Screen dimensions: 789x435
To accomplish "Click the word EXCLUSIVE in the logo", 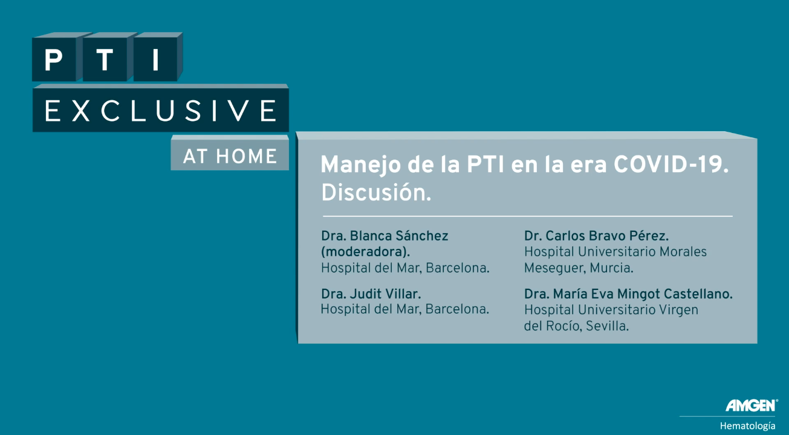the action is (x=161, y=111).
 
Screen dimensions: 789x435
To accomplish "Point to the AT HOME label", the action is (x=230, y=156).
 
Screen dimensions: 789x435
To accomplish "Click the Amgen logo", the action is (x=752, y=405).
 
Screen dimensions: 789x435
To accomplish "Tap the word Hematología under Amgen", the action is (x=747, y=426).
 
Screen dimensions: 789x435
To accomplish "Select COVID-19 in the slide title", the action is (x=670, y=164).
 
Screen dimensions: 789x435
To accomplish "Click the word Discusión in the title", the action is (x=376, y=193).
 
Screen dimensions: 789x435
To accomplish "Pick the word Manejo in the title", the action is (x=361, y=166).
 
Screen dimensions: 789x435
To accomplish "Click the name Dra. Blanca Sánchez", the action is (x=385, y=236).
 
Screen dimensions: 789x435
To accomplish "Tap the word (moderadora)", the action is (x=366, y=252).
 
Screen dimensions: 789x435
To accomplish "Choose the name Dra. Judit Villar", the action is (x=371, y=294).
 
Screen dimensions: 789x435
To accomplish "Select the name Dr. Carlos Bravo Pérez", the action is (x=596, y=236).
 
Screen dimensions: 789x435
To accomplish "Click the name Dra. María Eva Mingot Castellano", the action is (x=628, y=294).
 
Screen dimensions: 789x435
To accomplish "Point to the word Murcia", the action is (x=611, y=268).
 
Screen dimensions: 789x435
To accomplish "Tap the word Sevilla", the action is (x=607, y=326).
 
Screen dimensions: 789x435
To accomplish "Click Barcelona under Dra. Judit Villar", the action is (x=457, y=309).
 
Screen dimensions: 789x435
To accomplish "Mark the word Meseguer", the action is (x=555, y=268).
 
